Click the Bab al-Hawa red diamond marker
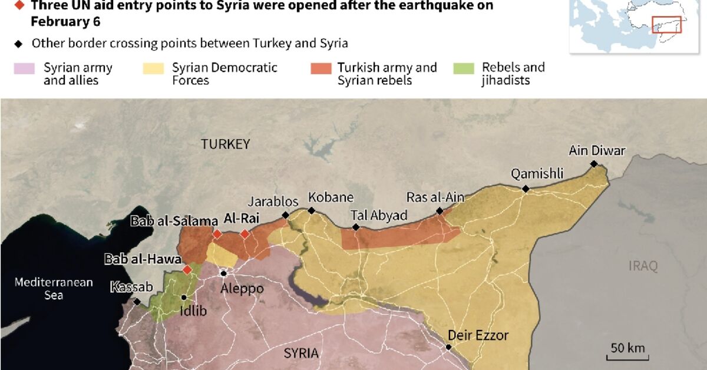click(187, 270)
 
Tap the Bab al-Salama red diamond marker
click(217, 234)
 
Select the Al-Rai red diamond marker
click(245, 234)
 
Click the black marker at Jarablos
click(286, 216)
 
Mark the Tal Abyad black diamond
click(356, 227)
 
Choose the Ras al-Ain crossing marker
click(440, 211)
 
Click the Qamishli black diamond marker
click(526, 189)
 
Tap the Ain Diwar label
click(596, 151)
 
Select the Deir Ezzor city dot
click(448, 347)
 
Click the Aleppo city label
click(242, 289)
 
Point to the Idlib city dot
click(184, 298)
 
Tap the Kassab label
click(131, 288)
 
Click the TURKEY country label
click(225, 144)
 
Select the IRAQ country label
click(642, 266)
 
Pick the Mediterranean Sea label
click(54, 289)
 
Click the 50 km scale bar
click(627, 356)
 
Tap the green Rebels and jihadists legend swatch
click(463, 68)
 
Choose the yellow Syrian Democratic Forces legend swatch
click(153, 68)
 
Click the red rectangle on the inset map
click(666, 24)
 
